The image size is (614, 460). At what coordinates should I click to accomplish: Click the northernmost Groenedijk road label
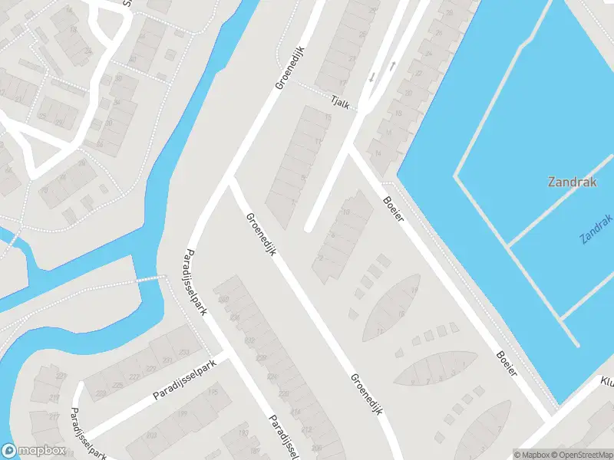coord(290,68)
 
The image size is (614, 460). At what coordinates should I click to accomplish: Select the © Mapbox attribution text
coord(530,455)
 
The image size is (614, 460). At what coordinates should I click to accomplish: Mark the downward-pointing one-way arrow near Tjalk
coord(372,77)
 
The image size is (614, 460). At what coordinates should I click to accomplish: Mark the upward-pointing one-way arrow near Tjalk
coord(392,65)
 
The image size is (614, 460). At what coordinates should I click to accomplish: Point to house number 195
coord(213,393)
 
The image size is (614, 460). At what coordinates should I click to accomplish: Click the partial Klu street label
coord(606,381)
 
